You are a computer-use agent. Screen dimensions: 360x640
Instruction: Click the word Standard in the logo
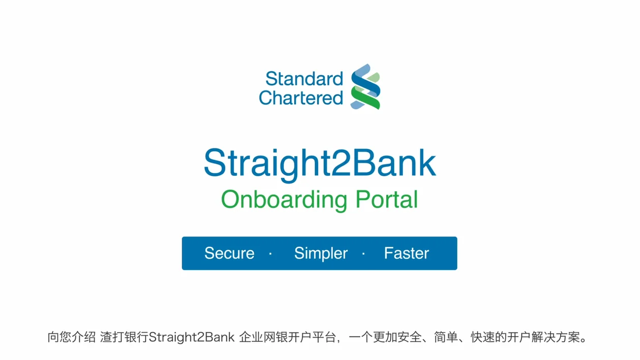[x=304, y=79]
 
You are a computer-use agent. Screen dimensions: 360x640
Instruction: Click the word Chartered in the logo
[x=301, y=98]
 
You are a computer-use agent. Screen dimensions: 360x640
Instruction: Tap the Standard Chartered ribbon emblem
[x=365, y=87]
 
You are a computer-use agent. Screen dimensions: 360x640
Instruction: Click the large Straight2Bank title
[x=319, y=163]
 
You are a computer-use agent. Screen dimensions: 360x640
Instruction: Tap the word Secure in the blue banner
[x=229, y=253]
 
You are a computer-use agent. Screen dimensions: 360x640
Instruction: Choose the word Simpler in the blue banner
[x=321, y=253]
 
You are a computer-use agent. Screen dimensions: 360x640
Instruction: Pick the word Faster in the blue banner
[x=406, y=253]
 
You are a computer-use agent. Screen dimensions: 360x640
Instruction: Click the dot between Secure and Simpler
[x=270, y=253]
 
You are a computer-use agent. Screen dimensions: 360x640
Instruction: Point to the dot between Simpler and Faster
[x=363, y=253]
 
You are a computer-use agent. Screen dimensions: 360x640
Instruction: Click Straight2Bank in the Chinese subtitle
[x=192, y=337]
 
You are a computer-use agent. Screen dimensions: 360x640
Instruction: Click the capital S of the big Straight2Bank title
[x=215, y=163]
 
